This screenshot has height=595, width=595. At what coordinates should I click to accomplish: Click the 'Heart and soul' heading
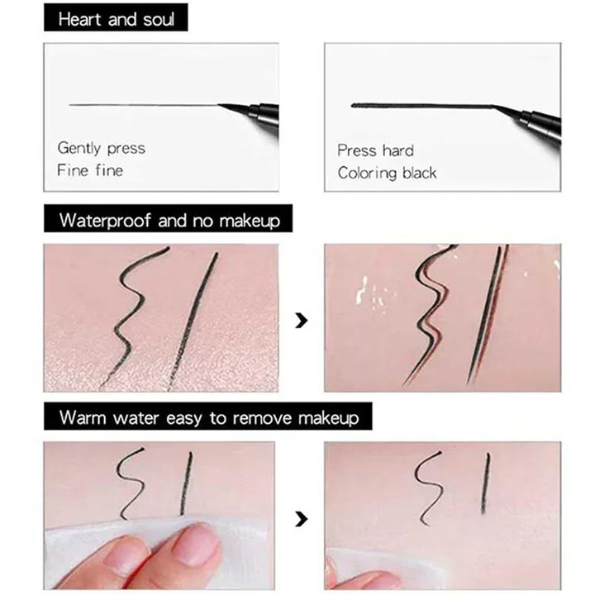117,17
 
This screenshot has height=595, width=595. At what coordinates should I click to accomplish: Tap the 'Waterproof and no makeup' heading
169,221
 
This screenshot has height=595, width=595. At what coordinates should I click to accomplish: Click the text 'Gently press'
101,148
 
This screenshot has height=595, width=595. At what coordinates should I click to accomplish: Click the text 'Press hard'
375,150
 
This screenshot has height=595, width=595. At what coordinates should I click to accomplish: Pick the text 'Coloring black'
387,174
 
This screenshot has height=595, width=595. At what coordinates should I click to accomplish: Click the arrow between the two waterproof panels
302,319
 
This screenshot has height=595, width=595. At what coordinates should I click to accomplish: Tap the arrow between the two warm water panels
302,519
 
